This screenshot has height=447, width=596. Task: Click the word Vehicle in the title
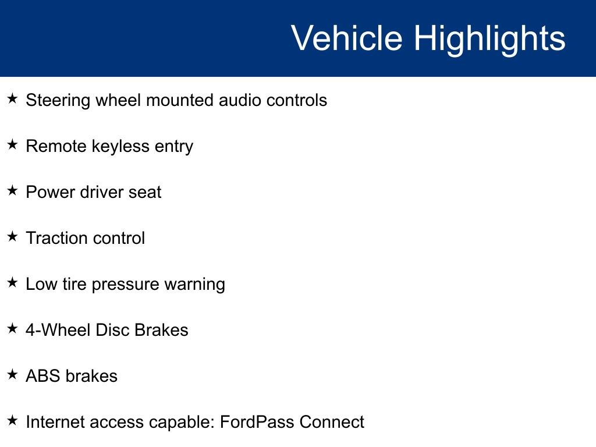point(346,38)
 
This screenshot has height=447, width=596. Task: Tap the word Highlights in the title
point(489,39)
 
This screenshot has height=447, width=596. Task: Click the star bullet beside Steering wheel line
point(13,99)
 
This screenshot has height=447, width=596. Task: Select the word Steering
point(58,101)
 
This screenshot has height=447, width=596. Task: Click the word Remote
point(56,146)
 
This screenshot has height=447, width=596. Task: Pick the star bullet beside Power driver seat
point(13,191)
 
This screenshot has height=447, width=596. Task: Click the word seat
point(145,192)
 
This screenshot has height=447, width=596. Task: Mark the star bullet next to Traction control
point(13,237)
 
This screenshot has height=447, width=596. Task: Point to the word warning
point(194,285)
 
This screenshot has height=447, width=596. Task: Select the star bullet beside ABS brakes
point(13,375)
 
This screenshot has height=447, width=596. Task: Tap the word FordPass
point(257,422)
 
